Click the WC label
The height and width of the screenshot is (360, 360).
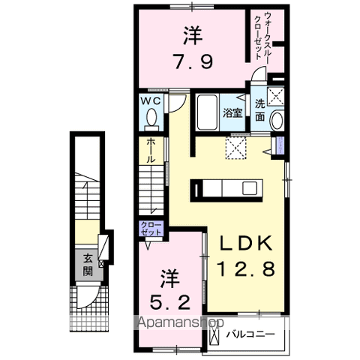point(151,101)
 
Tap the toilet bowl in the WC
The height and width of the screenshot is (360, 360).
point(151,117)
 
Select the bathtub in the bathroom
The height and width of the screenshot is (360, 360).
point(207,112)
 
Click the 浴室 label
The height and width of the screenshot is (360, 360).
point(232,113)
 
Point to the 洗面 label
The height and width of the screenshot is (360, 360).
point(259,110)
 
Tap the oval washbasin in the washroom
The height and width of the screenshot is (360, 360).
point(277,121)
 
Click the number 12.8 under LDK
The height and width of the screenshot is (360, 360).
point(247,269)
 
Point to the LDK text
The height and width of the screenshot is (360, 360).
point(246,243)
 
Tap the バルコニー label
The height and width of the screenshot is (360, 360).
point(250,334)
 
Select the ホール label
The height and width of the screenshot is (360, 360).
point(151,151)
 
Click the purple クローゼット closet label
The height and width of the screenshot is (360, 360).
point(151,228)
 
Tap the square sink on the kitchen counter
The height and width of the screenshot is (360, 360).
point(250,188)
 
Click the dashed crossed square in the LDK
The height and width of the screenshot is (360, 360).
point(235,148)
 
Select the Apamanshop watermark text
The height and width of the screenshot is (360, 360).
point(181,322)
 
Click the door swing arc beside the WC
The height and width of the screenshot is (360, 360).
point(181,105)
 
